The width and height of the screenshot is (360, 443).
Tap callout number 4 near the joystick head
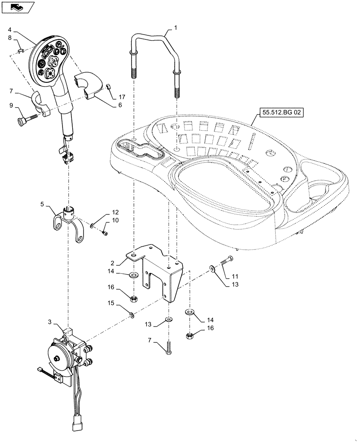point(10,30)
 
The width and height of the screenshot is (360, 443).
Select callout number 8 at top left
point(10,38)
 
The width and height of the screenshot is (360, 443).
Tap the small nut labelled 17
point(108,86)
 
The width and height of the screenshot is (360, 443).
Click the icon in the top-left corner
point(17,7)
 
